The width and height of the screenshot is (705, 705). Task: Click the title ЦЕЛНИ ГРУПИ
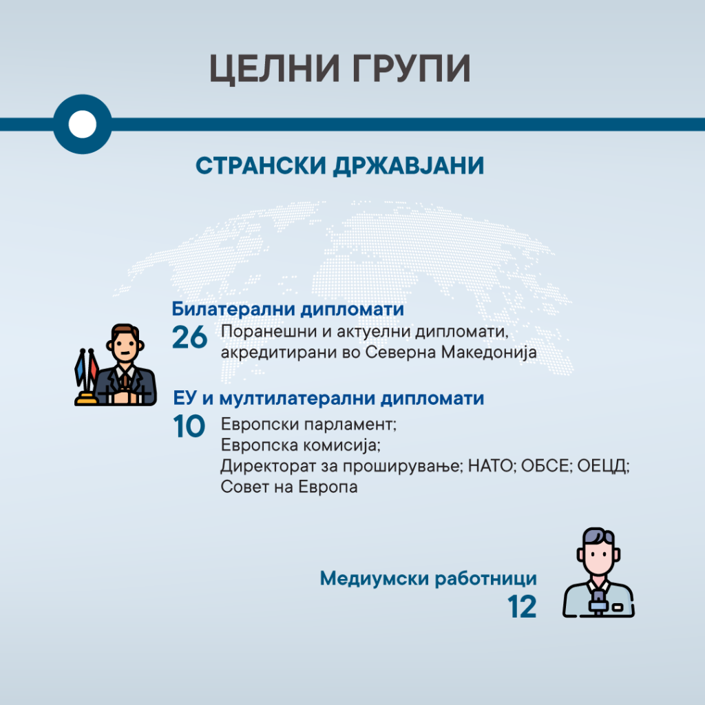340,69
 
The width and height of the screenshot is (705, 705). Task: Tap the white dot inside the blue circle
83,124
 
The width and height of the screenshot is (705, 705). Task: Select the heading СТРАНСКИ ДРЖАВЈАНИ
340,165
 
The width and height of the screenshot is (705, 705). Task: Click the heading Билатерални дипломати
288,309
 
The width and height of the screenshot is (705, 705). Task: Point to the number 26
190,337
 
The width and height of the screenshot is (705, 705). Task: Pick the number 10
189,426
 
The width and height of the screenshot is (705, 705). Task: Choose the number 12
522,607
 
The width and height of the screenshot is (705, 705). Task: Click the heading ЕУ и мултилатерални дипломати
328,399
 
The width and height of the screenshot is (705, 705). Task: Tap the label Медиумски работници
428,578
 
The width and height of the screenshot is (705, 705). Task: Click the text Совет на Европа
289,487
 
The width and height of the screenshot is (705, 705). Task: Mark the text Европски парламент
308,424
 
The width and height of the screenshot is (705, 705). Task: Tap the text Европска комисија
299,445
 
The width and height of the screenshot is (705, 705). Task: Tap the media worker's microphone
598,602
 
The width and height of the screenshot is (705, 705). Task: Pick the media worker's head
598,551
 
